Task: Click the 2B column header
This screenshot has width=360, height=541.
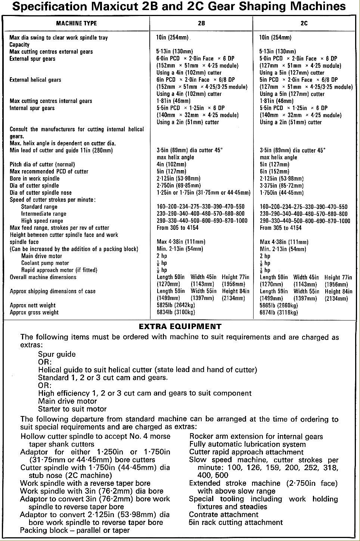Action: click(201, 23)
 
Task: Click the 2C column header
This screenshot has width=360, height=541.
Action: click(304, 23)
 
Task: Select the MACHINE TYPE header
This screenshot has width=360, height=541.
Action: click(76, 23)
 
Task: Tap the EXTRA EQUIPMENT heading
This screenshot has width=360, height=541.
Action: click(180, 326)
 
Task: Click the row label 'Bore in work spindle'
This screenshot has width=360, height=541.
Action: click(35, 178)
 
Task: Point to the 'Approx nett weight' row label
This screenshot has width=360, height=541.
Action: click(32, 305)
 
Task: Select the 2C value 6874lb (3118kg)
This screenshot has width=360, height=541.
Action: click(279, 312)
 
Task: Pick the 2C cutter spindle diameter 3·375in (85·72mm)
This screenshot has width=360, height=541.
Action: click(282, 185)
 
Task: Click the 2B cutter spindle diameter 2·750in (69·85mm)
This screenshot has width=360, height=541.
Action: click(179, 185)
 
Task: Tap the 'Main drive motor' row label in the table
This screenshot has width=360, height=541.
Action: click(41, 256)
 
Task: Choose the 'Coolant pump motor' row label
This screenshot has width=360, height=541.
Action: click(45, 263)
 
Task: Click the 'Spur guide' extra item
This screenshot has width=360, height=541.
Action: click(57, 354)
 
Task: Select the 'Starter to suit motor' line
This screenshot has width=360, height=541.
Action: click(72, 409)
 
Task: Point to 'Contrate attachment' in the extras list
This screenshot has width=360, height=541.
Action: click(224, 515)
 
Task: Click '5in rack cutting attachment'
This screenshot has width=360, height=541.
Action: click(236, 522)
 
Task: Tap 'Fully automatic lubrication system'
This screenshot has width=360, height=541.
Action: click(248, 444)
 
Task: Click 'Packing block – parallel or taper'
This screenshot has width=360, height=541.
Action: click(75, 530)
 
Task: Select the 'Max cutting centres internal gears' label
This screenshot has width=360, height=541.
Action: click(51, 101)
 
